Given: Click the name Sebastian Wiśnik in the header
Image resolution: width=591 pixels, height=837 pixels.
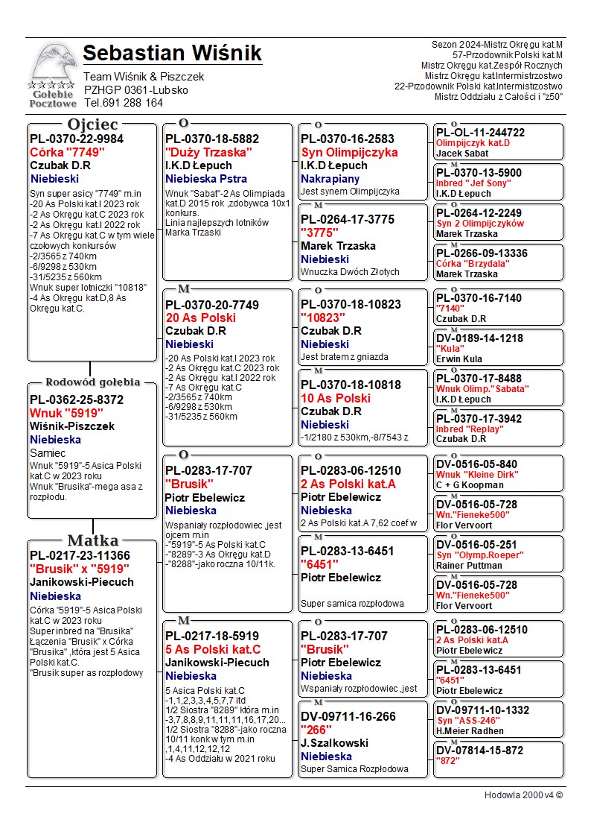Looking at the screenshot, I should [x=172, y=54].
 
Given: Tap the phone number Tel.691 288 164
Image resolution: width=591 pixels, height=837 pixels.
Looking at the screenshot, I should [x=123, y=103].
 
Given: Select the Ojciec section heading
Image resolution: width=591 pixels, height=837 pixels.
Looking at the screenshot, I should [x=92, y=124].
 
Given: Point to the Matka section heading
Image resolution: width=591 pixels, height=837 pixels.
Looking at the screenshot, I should [x=93, y=540].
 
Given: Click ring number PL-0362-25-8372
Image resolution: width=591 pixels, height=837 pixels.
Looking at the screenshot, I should [x=77, y=399].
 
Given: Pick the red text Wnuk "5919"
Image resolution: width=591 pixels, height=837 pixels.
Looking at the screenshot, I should [x=66, y=413].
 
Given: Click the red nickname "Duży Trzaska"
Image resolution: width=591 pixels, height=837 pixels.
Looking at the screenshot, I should [x=208, y=152].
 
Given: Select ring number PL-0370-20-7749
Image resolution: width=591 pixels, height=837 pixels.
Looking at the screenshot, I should [x=212, y=305].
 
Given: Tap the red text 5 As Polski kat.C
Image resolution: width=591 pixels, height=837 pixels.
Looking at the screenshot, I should [x=213, y=649].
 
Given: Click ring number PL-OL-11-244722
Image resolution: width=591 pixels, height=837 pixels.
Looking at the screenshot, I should [x=480, y=133].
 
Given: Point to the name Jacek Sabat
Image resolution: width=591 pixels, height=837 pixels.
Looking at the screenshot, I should [x=462, y=153].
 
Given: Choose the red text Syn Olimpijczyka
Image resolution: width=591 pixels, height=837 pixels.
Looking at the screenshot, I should [x=349, y=152].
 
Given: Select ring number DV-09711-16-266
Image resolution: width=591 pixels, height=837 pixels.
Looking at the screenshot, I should [x=349, y=716].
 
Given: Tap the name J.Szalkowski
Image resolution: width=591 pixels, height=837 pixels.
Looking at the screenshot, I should [x=334, y=743].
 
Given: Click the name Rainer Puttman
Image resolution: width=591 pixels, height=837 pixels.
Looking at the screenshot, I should [x=470, y=566].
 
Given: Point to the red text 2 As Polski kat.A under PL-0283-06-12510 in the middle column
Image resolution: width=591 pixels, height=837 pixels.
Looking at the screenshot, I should [x=348, y=484].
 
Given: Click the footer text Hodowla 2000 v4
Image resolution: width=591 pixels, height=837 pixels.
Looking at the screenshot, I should [x=523, y=795].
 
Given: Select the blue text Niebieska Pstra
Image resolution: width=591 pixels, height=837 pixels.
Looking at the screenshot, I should [x=206, y=179].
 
